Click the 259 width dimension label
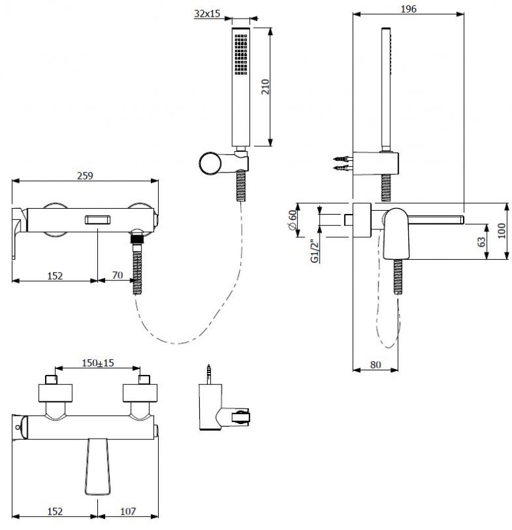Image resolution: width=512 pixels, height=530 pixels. coord(85,176)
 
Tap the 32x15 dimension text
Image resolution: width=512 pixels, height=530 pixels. coord(207,13)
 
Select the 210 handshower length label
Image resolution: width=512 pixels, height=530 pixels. coord(265,87)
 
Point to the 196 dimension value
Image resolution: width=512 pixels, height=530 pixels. coord(408,9)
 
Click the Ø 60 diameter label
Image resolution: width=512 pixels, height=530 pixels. coord(292,220)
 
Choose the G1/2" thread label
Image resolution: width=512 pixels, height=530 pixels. coord(315,251)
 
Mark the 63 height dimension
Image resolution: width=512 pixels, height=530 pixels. coord(482,242)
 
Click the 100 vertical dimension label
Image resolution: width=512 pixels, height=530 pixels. coord(502,231)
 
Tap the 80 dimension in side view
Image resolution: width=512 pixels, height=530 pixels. coord(375,365)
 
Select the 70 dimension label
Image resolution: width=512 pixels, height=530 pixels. coord(117,275)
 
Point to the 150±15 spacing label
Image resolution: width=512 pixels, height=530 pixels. coord(98,362)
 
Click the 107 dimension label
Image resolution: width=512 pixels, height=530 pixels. coord(128,511)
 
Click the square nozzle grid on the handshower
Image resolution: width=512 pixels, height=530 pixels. coord(241,54)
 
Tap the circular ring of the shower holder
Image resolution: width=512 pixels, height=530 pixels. coord(210,164)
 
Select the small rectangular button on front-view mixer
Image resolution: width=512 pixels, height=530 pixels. coord(97,220)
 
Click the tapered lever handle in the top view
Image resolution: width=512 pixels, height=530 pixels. coord(97,467)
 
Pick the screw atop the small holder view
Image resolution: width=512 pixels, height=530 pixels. coord(210,374)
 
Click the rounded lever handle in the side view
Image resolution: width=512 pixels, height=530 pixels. coord(396,234)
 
